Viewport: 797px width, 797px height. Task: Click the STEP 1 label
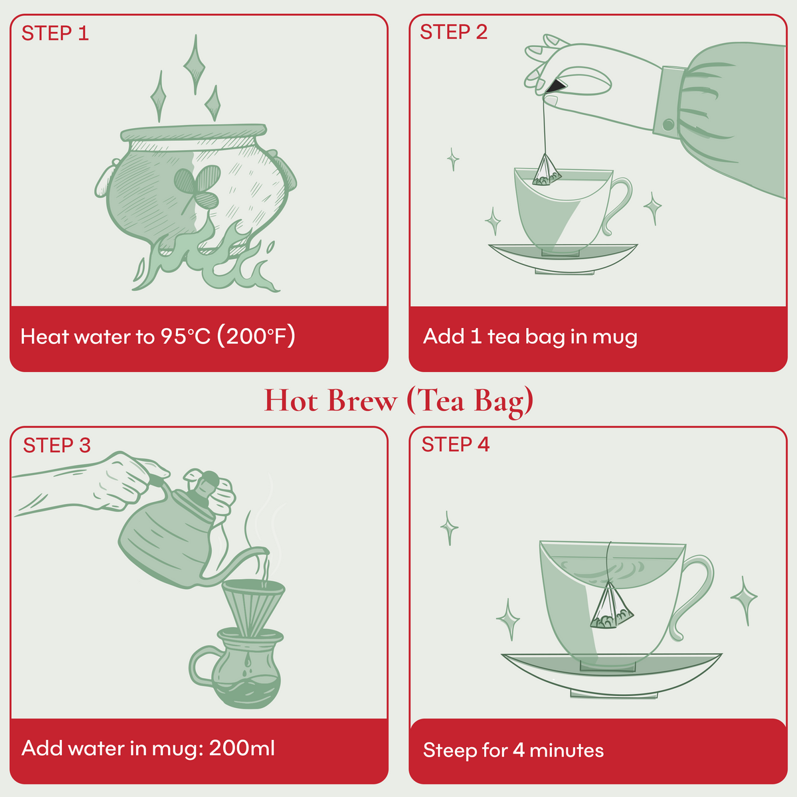(55, 33)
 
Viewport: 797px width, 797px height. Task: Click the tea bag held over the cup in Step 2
(546, 171)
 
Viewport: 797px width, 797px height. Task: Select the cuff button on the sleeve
(668, 124)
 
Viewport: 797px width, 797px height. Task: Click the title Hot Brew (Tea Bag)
(398, 400)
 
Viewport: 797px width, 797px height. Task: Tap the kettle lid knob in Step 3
(209, 478)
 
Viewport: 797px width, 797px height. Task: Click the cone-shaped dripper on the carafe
(253, 604)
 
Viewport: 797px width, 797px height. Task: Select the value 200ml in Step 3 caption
(242, 749)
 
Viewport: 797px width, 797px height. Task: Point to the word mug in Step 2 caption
(614, 337)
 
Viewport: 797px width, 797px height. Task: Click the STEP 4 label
(455, 445)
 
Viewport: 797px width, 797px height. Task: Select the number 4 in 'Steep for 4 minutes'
(519, 751)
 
